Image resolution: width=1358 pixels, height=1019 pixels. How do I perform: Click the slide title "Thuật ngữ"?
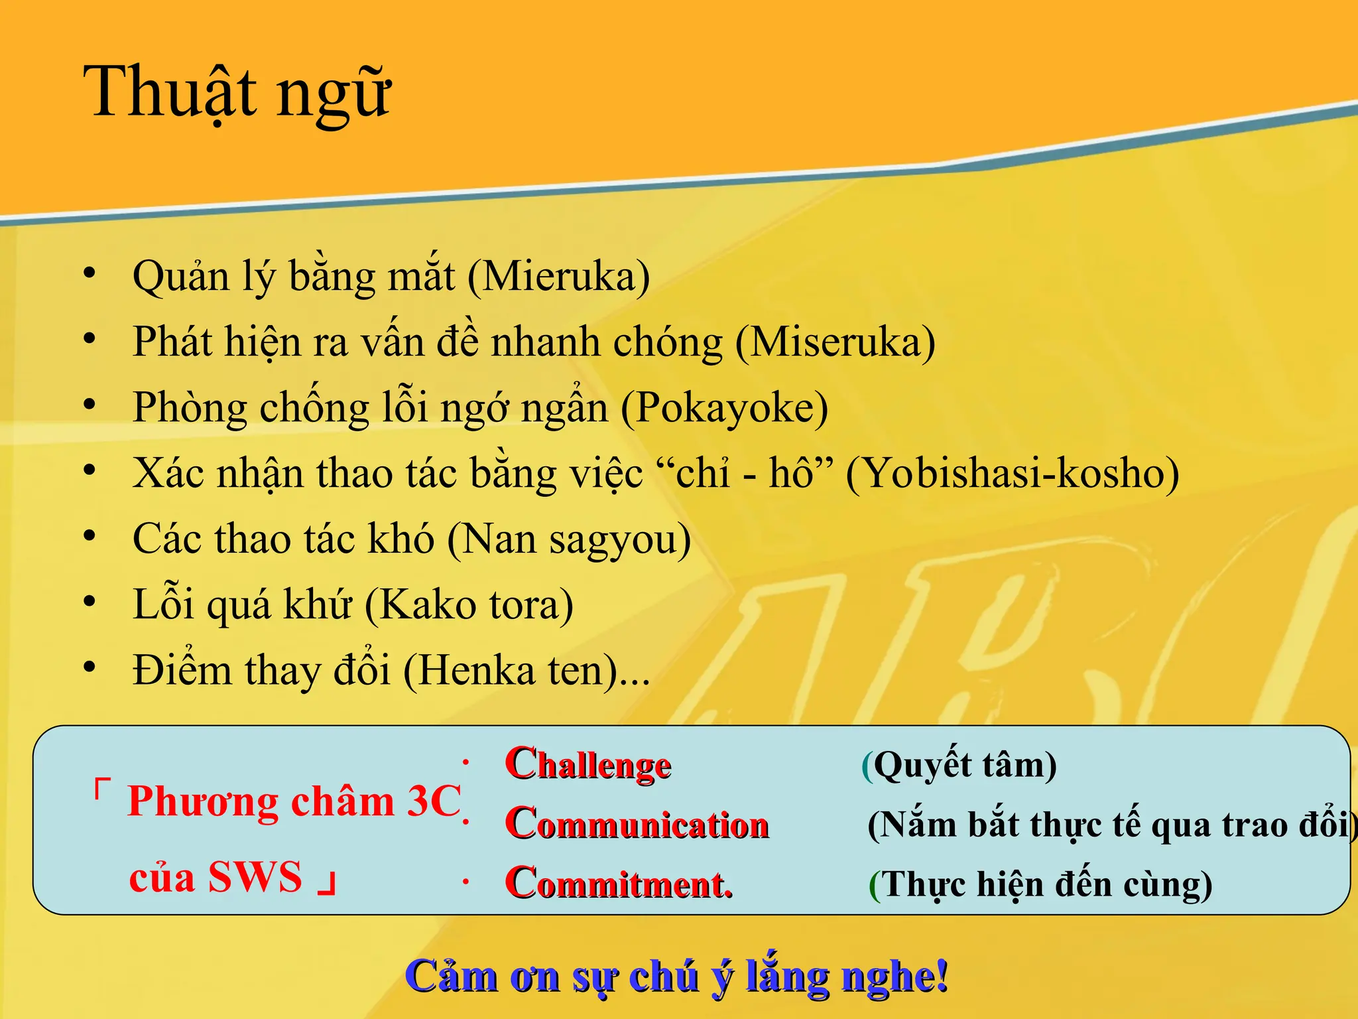237,93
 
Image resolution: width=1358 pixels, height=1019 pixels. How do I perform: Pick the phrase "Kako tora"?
469,604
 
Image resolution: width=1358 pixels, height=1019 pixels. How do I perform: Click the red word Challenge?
588,764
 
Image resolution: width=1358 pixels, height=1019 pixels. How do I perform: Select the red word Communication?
637,824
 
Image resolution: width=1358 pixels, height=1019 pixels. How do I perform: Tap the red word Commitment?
619,884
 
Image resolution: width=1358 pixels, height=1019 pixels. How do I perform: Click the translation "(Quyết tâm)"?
959,765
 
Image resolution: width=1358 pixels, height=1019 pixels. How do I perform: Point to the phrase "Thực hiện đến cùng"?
1041,884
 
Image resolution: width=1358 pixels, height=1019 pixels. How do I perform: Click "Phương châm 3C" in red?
294,801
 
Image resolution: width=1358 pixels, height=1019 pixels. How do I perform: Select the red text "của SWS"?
216,877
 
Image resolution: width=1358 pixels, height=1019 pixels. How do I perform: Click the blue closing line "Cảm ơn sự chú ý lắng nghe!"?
676,977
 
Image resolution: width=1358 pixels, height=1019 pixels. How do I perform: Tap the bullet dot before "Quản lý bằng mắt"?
90,273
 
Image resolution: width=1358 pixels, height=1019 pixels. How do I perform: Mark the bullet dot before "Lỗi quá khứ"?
90,602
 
